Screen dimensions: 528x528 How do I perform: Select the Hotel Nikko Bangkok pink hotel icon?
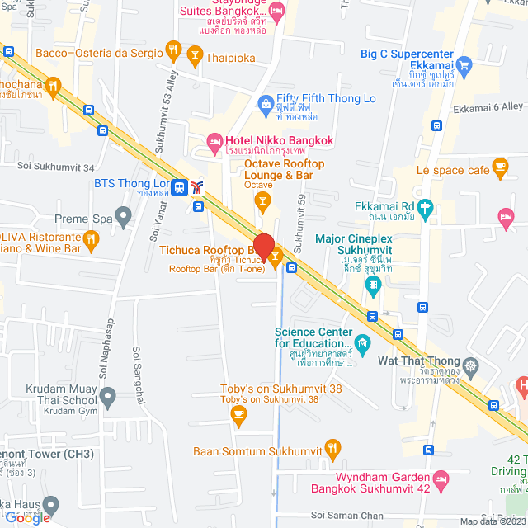click(214, 141)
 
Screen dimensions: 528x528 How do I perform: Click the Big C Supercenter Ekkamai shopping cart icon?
click(464, 64)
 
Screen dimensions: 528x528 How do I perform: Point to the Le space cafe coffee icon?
click(500, 168)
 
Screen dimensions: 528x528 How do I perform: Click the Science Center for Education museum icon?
click(361, 342)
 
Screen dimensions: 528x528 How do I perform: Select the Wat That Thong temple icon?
click(470, 365)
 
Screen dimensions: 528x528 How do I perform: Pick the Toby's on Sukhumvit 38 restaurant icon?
click(239, 417)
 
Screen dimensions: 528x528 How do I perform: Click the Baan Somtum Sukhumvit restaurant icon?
click(332, 450)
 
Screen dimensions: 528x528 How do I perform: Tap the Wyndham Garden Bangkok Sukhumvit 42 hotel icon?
click(441, 478)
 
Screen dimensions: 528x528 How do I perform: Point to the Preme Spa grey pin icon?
click(124, 219)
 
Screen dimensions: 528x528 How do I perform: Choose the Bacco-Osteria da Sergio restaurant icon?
click(173, 51)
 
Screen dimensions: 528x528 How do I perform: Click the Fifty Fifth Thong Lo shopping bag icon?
click(265, 103)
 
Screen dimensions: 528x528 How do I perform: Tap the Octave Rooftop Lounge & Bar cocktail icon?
click(262, 200)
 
